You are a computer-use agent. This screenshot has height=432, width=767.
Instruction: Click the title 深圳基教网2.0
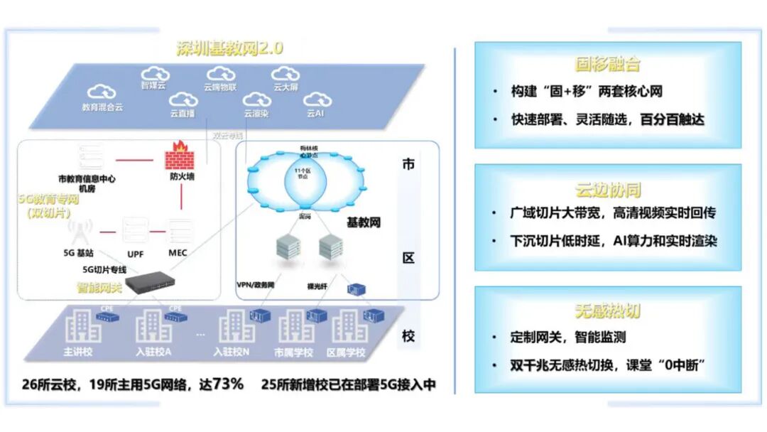click(229, 48)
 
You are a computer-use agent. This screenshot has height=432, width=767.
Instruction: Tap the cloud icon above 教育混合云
click(102, 92)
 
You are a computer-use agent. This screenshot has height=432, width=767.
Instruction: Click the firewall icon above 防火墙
click(177, 152)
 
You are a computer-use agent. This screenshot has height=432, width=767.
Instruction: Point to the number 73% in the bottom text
click(228, 384)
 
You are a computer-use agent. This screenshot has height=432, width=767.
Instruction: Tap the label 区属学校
click(344, 352)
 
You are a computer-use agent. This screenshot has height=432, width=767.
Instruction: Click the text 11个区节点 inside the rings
click(304, 174)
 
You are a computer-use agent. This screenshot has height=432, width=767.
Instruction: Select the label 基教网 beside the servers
click(364, 222)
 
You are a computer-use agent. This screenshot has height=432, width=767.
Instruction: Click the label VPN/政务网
click(256, 284)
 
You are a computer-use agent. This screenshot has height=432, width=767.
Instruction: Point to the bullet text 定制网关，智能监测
click(568, 337)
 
